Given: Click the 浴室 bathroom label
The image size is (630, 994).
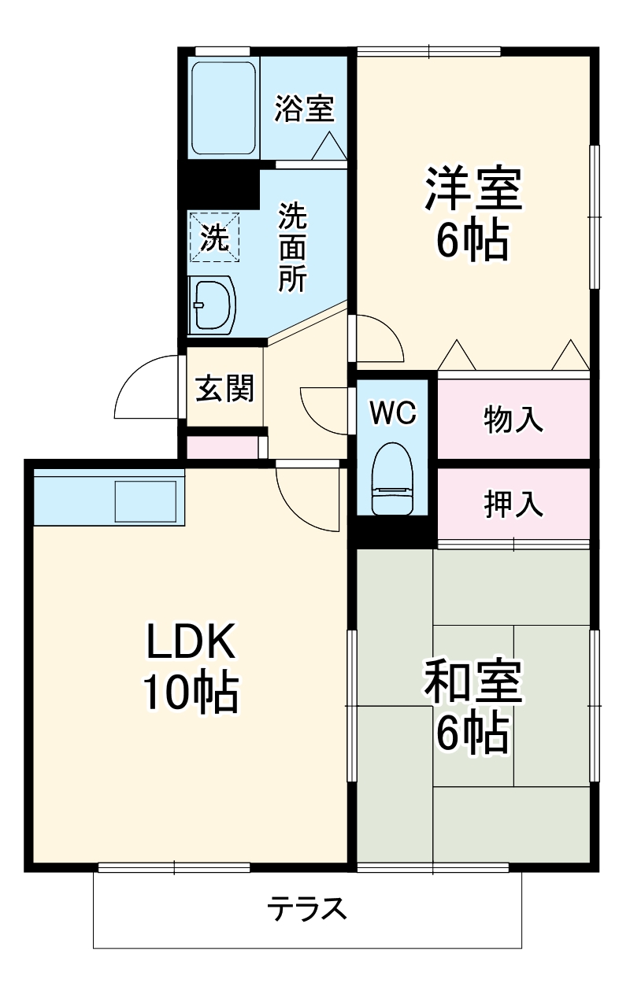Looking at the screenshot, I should pos(305,109).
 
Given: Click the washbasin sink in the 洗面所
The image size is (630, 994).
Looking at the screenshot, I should pos(212,304).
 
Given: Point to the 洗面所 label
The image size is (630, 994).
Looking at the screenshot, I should pos(292,247).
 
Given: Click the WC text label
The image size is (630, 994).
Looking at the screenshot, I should pos(392,412).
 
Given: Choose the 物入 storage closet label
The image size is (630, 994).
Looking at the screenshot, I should pos(513,419).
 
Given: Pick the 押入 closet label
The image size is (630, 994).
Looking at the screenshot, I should pos(513,504).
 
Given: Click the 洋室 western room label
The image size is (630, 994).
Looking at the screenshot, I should pos(473,190).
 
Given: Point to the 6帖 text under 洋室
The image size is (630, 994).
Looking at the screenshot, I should pos(473,242).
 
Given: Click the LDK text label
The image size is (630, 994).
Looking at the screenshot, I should pos(190,643).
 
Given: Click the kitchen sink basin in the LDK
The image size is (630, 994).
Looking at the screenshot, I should pos(146,501).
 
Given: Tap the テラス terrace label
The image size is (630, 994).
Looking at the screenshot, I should pos(307,910).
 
